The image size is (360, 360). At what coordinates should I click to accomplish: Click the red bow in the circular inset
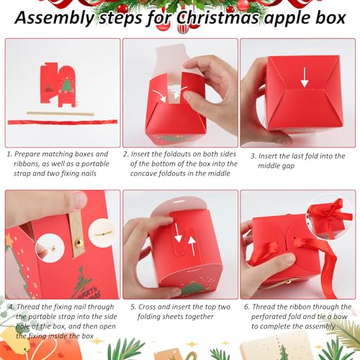coord(328,214)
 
